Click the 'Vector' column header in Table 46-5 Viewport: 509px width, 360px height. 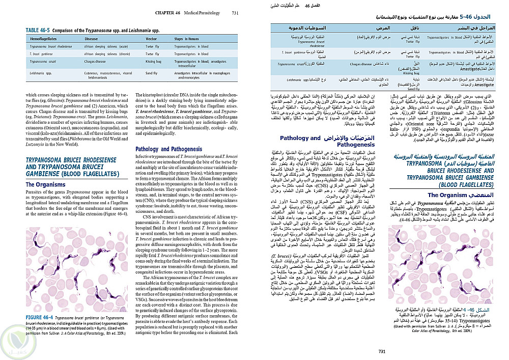point(152,38)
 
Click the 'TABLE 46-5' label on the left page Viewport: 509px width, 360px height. point(39,31)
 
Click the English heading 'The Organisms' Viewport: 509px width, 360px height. point(45,184)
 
